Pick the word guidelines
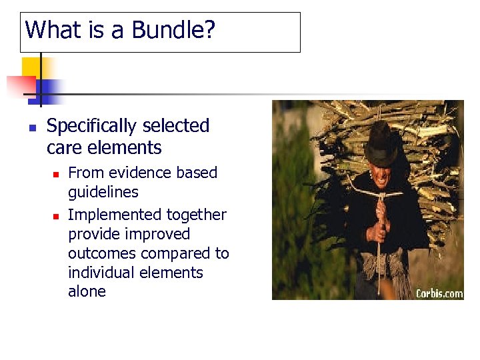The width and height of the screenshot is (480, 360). point(103,192)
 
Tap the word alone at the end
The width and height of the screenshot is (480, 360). point(87,291)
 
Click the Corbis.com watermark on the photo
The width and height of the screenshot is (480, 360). point(439,293)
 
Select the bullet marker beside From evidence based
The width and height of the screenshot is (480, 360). point(57,174)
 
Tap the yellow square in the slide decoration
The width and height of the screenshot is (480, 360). point(31,67)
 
